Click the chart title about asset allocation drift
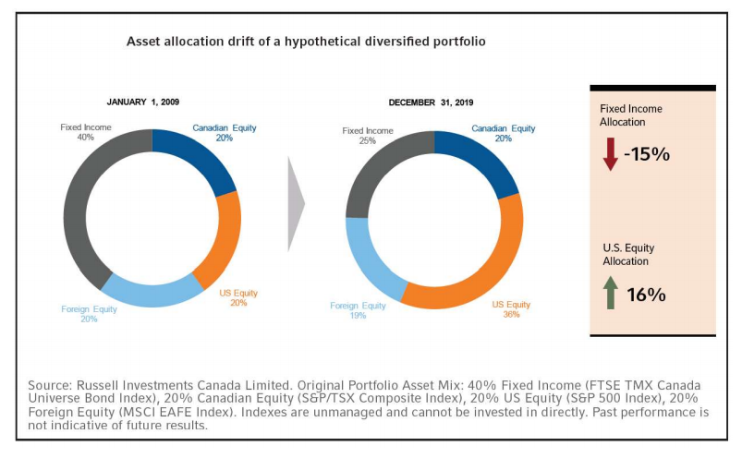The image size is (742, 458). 306,42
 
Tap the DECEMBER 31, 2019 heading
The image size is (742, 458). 431,102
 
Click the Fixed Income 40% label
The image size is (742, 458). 84,132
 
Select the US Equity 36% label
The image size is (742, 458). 511,308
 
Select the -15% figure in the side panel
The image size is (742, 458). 647,154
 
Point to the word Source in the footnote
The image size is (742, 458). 55,383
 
